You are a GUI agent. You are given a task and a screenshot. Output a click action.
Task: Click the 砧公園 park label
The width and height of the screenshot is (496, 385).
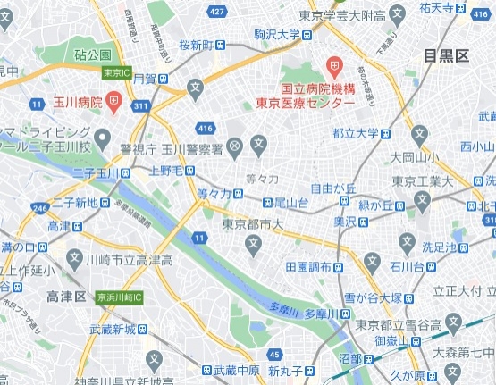pos(93,55)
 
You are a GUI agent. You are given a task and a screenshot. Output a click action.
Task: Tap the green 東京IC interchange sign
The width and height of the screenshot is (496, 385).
pos(113,72)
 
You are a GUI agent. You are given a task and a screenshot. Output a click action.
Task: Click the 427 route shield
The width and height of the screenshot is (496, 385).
pos(216,11)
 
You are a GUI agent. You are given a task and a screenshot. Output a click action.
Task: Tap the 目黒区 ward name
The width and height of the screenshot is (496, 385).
pos(446,56)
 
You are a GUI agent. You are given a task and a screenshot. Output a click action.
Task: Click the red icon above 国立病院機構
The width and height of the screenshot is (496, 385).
pos(334,65)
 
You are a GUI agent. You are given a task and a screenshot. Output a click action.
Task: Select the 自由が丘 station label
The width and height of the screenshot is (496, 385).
pos(333,188)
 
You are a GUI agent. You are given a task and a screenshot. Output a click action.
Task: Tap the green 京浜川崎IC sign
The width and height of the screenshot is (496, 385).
pos(121,296)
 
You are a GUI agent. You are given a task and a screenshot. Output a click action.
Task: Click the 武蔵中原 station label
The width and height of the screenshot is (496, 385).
pos(237,370)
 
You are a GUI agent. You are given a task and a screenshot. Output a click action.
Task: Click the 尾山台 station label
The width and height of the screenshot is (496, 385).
pos(290,203)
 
